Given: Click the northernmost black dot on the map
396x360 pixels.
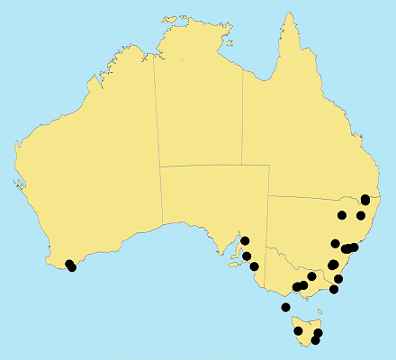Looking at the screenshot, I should coord(365,199).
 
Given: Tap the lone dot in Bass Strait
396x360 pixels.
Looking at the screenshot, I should coord(285,308).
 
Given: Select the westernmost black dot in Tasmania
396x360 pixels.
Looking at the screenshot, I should coord(299,331).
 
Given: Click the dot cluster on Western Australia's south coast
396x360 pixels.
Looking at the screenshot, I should coord(70,265).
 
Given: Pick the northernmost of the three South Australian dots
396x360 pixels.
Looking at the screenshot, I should coord(244,241).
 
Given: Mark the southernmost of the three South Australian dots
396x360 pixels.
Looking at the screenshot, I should coord(255,266).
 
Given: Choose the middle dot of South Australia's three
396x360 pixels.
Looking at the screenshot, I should coord(247,256).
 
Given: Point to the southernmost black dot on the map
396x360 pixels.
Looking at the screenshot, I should coord(315,340).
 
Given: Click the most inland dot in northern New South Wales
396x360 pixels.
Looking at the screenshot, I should coord(342,214).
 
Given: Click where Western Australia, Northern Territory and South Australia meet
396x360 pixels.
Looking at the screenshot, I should coord(160,166).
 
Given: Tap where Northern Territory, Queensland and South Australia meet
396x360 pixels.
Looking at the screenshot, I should coord(242,165).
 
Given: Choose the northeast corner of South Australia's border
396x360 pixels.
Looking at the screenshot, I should coord(269,165).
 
